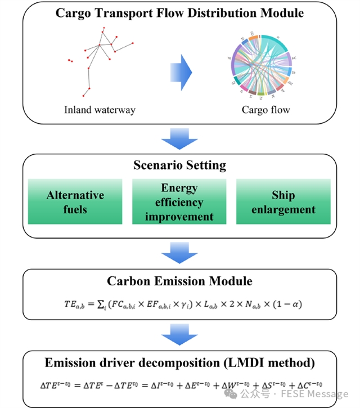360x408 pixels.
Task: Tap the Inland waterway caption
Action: click(100, 110)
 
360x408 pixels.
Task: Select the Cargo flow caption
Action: click(265, 110)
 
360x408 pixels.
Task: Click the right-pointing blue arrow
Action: click(181, 71)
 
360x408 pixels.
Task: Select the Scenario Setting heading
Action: click(179, 165)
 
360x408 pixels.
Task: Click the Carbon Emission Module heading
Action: click(179, 281)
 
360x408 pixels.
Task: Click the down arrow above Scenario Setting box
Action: click(179, 138)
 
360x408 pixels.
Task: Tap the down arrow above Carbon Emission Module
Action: click(179, 252)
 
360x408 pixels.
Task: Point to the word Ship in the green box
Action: click(283, 195)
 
